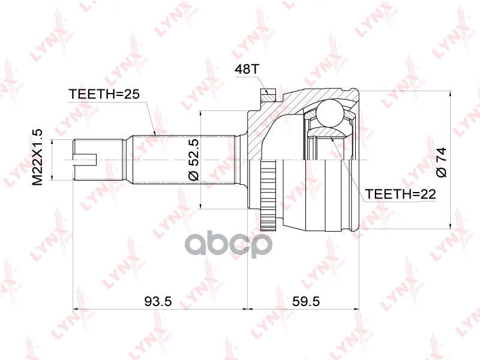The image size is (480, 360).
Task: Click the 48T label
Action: [x=247, y=70]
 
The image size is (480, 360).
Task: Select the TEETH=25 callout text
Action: [x=104, y=94]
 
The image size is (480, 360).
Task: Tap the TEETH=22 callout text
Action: [x=400, y=194]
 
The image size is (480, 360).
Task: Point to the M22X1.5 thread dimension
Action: [x=37, y=157]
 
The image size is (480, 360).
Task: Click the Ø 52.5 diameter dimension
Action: [x=194, y=159]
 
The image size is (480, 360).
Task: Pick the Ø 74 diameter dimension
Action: [x=442, y=162]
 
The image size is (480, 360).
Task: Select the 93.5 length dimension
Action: [x=158, y=302]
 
